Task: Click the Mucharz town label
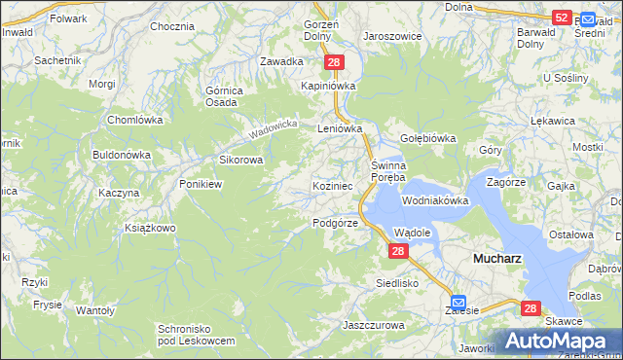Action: click(x=496, y=259)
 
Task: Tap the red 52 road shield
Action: click(x=561, y=18)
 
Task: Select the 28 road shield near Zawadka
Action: click(x=334, y=62)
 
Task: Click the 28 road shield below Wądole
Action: click(x=397, y=251)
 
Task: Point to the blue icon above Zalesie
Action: click(x=458, y=302)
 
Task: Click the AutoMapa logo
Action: click(x=559, y=342)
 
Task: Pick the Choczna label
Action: click(x=172, y=26)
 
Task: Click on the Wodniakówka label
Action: click(x=435, y=200)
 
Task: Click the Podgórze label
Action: click(x=336, y=223)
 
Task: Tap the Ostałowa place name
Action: click(x=571, y=234)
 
